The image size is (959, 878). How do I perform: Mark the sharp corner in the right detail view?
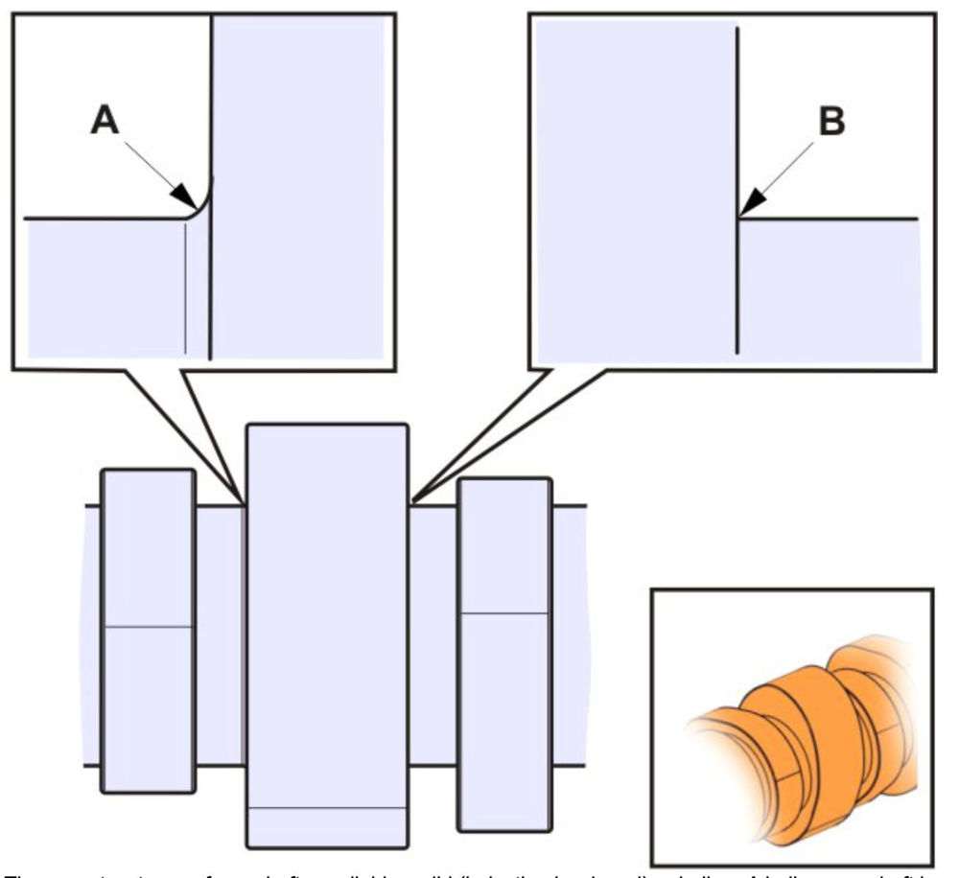[737, 219]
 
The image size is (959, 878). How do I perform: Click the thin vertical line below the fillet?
[183, 288]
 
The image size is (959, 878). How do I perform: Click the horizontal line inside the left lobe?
[148, 627]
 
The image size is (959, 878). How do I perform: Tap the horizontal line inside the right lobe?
[504, 611]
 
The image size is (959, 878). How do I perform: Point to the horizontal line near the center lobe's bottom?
[327, 808]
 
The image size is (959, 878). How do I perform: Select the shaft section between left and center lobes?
[221, 633]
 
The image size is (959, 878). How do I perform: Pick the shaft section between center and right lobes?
[433, 633]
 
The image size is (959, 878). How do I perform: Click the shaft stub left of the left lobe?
[92, 633]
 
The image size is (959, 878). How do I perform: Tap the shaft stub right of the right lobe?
[568, 633]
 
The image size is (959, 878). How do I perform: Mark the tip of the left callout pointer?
[243, 500]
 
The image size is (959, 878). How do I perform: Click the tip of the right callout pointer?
[412, 500]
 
